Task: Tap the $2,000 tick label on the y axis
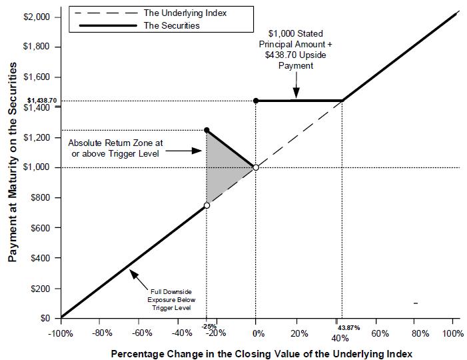[x=37, y=17]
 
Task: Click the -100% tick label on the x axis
[x=61, y=333]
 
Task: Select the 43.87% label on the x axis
[x=344, y=327]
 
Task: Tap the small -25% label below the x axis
[x=206, y=326]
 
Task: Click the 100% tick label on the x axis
[x=452, y=333]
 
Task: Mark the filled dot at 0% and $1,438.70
[x=256, y=101]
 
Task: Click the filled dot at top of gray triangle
[x=207, y=130]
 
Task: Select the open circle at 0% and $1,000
[x=256, y=167]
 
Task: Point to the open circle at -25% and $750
[x=207, y=205]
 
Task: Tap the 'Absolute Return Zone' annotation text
[x=115, y=147]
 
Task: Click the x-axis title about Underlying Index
[x=261, y=352]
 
